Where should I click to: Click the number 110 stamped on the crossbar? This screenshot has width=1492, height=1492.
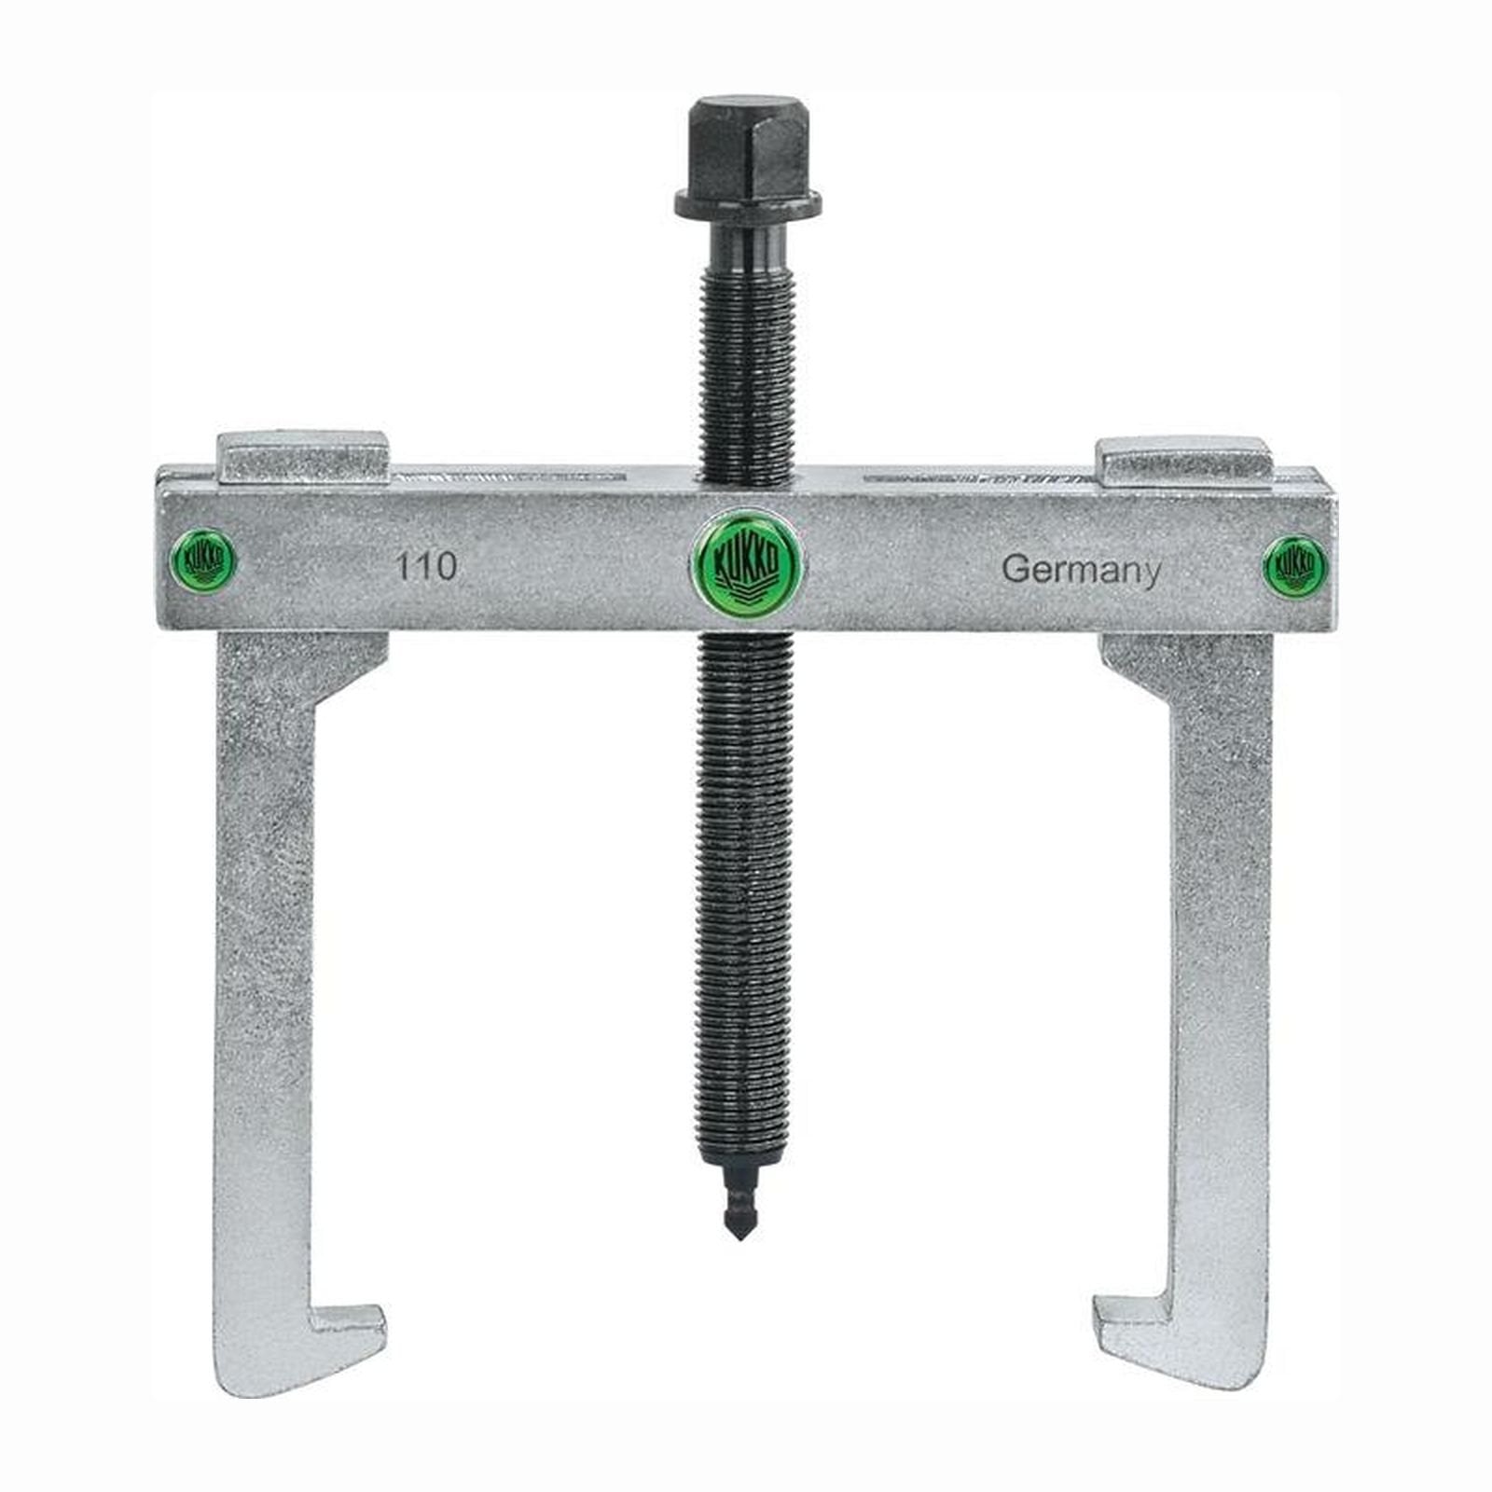tap(426, 566)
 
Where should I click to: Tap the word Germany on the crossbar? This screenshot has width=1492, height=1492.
tap(1082, 570)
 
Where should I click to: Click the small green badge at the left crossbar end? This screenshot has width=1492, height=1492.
tap(204, 561)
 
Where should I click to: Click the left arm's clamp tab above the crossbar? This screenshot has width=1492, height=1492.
tap(303, 459)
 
